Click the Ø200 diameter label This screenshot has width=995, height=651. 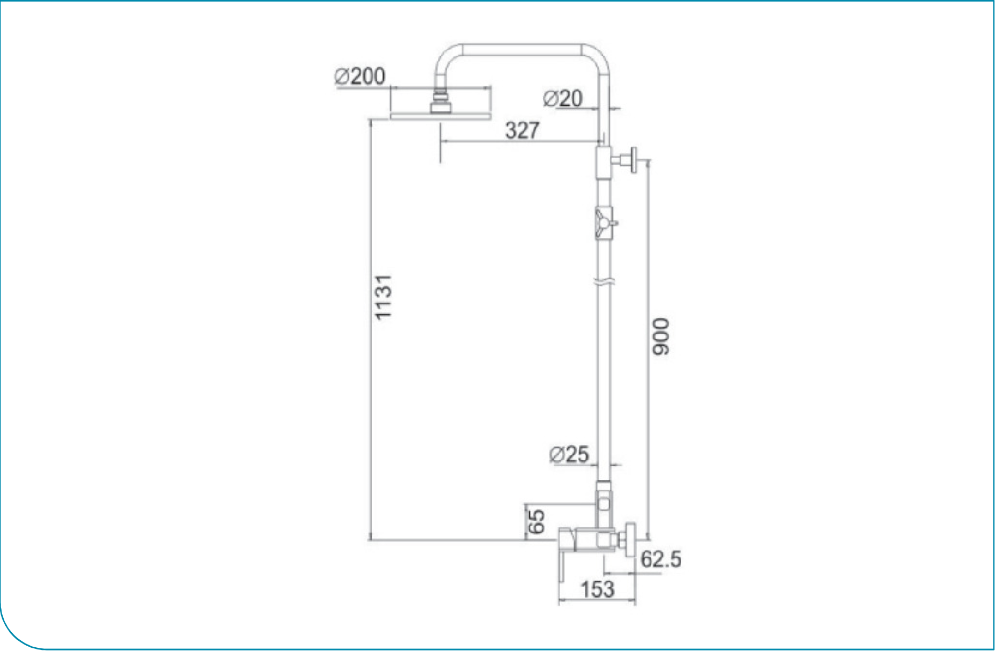coord(360,77)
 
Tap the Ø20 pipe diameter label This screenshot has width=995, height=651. coord(563,99)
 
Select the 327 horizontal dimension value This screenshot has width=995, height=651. coord(522,130)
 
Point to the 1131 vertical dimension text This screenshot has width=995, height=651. coord(383,298)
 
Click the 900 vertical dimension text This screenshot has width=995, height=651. coord(661,336)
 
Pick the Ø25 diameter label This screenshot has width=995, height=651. coord(569,455)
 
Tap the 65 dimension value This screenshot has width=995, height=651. coord(537,522)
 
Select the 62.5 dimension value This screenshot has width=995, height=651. coord(661,559)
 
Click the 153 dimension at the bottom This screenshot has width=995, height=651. coord(597,590)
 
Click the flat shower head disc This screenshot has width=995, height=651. coord(440,116)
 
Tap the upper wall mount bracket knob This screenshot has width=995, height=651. coord(633,160)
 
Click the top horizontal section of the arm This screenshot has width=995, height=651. coord(522,49)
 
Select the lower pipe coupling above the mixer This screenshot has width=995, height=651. coord(604,503)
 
